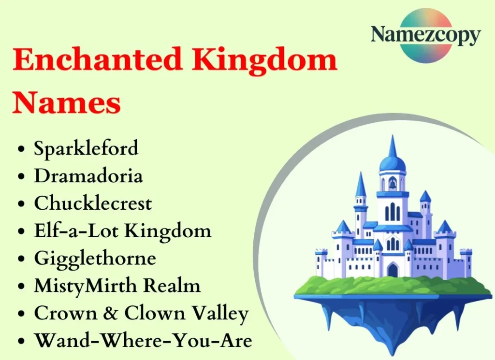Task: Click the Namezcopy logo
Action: [x=425, y=35]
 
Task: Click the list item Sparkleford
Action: [x=86, y=148]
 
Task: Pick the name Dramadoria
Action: [x=88, y=176]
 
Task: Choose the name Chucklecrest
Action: [x=93, y=203]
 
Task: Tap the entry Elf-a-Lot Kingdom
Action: [x=123, y=231]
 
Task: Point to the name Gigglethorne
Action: [x=95, y=259]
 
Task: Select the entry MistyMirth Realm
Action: [x=117, y=286]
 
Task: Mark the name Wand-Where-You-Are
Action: [x=143, y=341]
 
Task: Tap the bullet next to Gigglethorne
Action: [x=21, y=260]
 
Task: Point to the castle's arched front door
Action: [x=393, y=270]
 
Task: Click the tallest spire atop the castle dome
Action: [x=393, y=145]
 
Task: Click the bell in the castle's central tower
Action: [x=393, y=184]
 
